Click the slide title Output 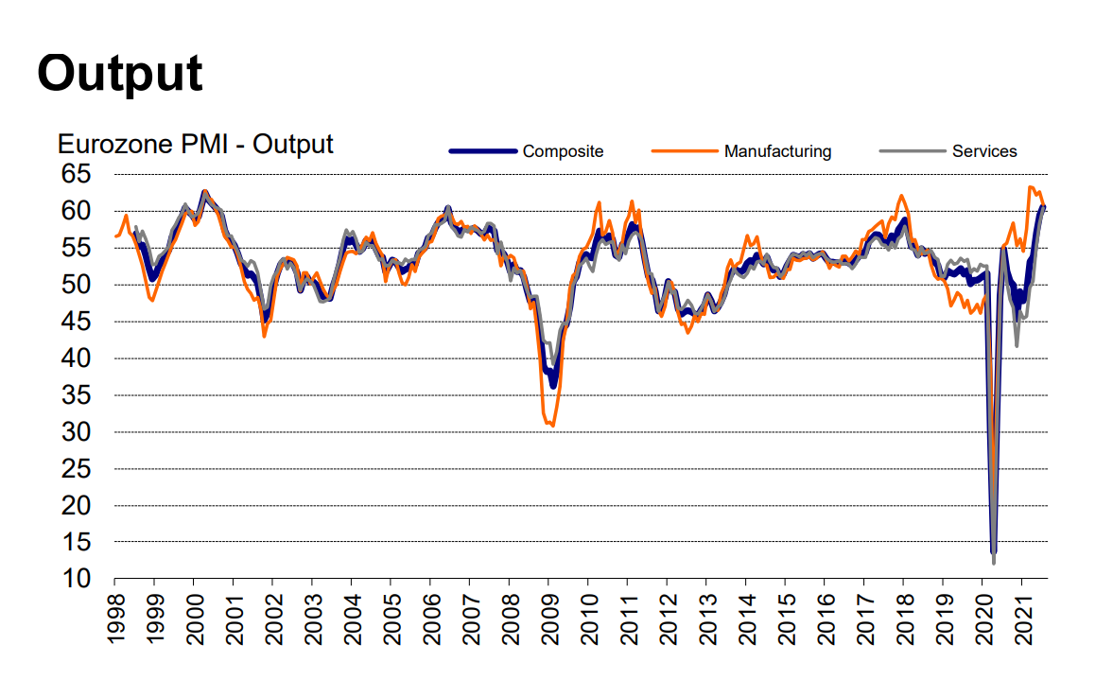[x=120, y=73]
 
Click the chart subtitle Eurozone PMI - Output [x=196, y=145]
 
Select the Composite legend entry [x=563, y=151]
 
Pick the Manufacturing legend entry [x=777, y=151]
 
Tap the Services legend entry [x=984, y=151]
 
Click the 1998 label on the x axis [x=115, y=619]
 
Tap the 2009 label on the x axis [x=548, y=619]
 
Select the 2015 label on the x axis [x=785, y=619]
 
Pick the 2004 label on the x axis [x=352, y=619]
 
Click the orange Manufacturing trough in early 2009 [x=552, y=426]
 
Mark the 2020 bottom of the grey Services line [x=994, y=564]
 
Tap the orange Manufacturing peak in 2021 [x=1031, y=187]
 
